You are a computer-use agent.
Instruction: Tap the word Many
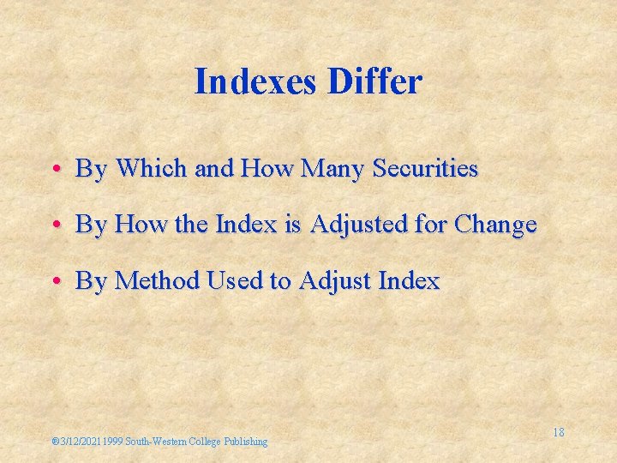click(x=326, y=169)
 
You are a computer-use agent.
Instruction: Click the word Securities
click(x=424, y=168)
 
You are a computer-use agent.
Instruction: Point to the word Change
click(x=496, y=225)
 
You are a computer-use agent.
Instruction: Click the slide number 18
click(x=558, y=432)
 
